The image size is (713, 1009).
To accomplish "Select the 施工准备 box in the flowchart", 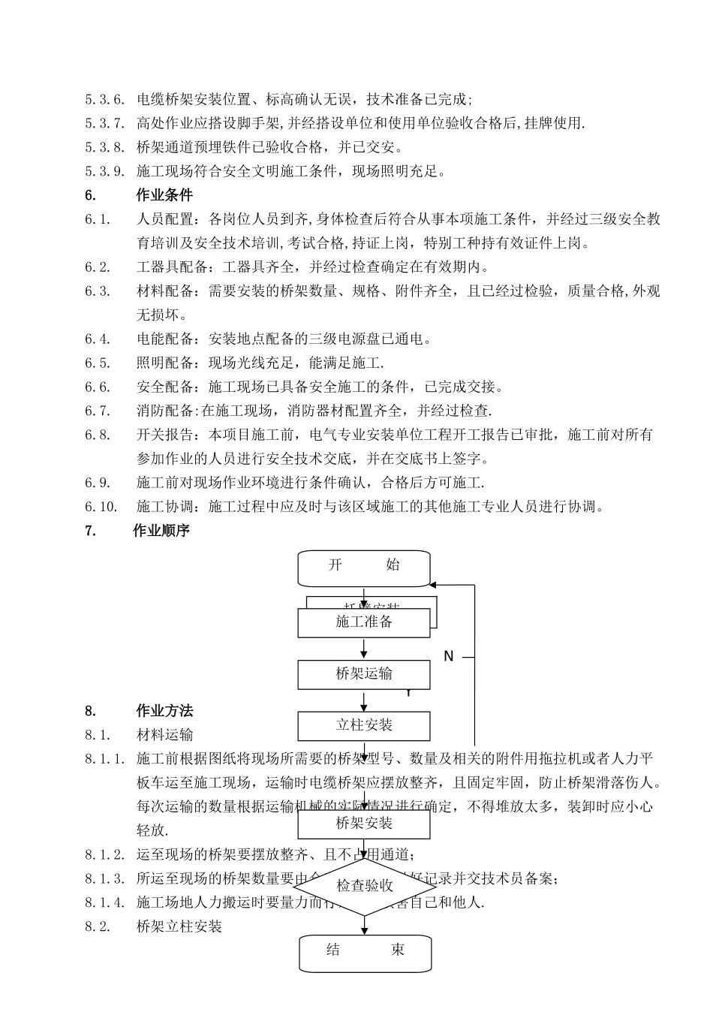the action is coord(364,622).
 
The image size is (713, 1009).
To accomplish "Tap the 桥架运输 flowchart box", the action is coord(364,674).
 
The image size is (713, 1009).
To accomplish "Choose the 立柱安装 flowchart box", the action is coord(364,726).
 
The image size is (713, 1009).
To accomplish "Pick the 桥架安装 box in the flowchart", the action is coord(364,824).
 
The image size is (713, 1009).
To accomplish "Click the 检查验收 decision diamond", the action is coord(364,886).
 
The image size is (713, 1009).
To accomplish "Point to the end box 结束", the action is coord(366,951).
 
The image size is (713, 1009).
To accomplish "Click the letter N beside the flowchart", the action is coord(449,657).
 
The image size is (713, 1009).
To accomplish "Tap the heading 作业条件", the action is coord(164,195).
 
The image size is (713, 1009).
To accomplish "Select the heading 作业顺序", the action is coord(161,531).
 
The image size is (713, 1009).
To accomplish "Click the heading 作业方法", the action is coord(164,710).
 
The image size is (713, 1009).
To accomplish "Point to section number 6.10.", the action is coord(101,507).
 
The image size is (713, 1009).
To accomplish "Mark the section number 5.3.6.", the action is coord(104,99).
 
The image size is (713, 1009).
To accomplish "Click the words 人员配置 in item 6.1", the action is coord(164,219).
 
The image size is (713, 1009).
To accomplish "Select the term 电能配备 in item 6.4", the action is coord(164,339).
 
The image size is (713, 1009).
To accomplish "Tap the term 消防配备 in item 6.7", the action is coord(164,411).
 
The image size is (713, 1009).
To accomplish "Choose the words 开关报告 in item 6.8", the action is coord(164,435).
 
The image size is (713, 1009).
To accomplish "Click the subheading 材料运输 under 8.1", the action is coord(164,734).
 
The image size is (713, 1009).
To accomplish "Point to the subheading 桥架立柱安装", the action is coord(179,926).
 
